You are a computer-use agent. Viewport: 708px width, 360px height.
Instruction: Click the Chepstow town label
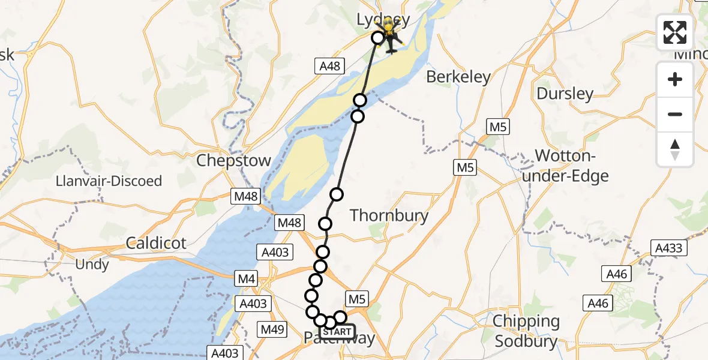point(234,161)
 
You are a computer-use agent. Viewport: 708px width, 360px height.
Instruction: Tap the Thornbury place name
point(389,215)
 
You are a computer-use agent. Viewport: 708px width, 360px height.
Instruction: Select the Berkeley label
point(458,77)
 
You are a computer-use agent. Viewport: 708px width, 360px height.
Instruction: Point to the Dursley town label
point(565,94)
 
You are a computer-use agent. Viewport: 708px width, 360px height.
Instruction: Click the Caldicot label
point(156,243)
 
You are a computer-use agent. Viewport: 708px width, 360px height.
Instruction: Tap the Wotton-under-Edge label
point(571,166)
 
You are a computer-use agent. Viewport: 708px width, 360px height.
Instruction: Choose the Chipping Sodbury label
point(526,329)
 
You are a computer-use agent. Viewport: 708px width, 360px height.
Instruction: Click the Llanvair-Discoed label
point(109,181)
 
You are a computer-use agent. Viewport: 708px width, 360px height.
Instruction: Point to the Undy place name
point(92,264)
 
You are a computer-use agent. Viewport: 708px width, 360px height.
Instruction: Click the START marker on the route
point(337,332)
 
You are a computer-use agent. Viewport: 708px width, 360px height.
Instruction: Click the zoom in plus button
point(675,79)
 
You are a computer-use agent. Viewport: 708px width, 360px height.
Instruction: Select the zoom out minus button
point(675,114)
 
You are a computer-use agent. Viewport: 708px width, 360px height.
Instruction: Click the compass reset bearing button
point(675,149)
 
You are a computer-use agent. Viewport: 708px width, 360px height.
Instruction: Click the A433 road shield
point(669,248)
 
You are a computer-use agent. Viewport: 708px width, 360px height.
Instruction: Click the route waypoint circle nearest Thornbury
point(337,194)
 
